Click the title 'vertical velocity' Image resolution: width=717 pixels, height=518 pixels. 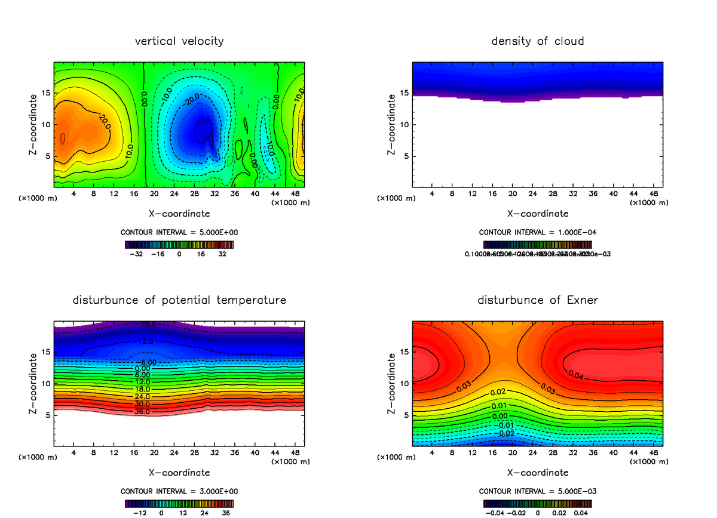(x=179, y=41)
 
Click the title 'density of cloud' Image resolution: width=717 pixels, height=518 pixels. (x=537, y=41)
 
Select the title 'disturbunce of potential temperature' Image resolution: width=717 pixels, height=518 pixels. (x=179, y=300)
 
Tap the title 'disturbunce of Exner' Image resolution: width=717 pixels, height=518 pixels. (x=537, y=300)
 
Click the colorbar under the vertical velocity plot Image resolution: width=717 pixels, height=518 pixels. (x=179, y=244)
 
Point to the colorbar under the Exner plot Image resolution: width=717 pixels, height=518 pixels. (x=537, y=503)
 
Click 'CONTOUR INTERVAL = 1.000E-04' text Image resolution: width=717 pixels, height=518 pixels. (x=537, y=232)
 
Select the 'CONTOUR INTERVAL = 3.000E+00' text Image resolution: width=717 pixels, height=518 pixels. (x=179, y=491)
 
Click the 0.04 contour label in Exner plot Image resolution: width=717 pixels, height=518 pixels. (x=576, y=375)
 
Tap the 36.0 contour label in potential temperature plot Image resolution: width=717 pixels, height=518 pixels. (x=142, y=412)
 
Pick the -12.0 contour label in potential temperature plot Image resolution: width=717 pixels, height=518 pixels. (x=146, y=341)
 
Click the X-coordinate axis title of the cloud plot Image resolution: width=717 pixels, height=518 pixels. (x=537, y=213)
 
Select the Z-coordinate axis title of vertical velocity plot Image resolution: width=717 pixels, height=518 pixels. (x=34, y=125)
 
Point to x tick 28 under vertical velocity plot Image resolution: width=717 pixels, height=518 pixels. (x=194, y=193)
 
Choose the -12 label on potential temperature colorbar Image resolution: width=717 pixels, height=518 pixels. (x=139, y=512)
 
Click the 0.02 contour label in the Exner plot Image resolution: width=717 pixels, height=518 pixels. (x=498, y=393)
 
